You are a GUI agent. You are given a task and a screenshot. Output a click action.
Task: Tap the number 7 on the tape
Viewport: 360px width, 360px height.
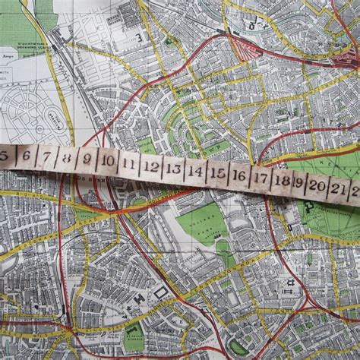click(x=46, y=158)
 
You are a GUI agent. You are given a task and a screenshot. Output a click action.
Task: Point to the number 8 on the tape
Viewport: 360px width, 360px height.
click(x=67, y=159)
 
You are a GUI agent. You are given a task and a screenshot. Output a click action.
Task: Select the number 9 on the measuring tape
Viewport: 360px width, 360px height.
click(x=87, y=160)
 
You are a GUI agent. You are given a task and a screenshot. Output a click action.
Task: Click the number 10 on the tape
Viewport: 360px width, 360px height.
click(x=108, y=162)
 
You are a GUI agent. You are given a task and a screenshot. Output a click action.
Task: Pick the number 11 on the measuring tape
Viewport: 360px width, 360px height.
click(x=129, y=164)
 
